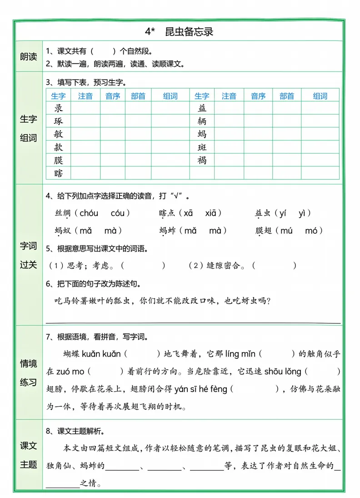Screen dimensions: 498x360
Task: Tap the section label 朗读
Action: [28, 57]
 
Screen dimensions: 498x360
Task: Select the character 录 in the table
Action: [59, 108]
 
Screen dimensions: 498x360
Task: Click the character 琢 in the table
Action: [59, 121]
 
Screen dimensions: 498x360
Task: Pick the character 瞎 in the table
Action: [59, 173]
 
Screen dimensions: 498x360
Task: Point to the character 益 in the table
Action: [202, 108]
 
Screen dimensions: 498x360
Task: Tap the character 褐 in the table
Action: [202, 160]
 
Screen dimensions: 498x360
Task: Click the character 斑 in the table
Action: [202, 147]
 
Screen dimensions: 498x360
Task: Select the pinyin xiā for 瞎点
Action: [214, 213]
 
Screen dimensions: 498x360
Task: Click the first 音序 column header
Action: [113, 96]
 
